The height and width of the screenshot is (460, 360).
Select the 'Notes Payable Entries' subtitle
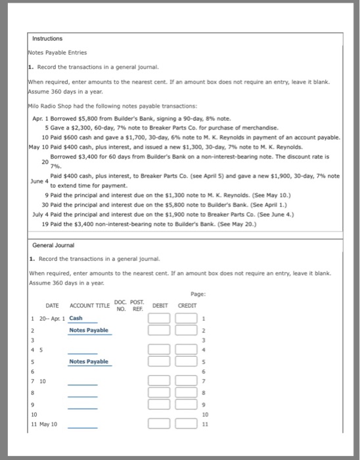pos(58,53)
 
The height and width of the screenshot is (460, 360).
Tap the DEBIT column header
pos(160,306)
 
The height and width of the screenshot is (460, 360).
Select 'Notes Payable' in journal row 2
pos(89,330)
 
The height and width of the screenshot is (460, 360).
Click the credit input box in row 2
pos(183,330)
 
